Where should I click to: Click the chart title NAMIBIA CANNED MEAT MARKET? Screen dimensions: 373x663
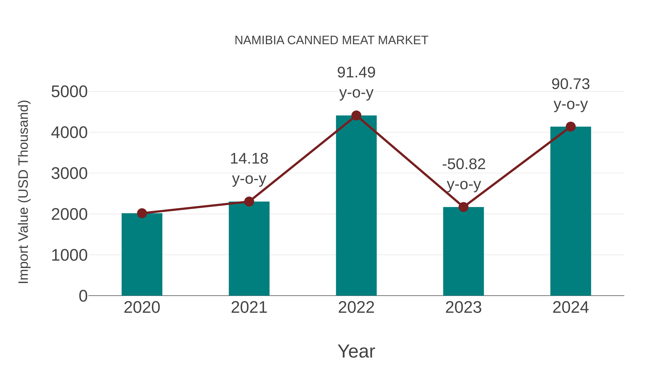pos(331,40)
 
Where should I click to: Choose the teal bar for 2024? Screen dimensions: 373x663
pos(571,211)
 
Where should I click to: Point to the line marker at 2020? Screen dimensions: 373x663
pos(142,213)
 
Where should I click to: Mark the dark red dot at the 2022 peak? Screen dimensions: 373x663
pos(356,115)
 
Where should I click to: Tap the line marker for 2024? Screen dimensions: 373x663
pos(571,127)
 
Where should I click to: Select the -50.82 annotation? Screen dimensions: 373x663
pos(464,164)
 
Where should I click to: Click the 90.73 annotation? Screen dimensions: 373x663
pos(571,84)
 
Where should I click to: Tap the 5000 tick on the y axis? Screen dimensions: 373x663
pos(69,92)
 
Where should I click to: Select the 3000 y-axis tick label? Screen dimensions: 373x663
pos(69,174)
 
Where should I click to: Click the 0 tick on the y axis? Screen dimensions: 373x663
pos(83,296)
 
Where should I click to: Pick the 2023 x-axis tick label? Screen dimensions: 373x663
pos(463,307)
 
